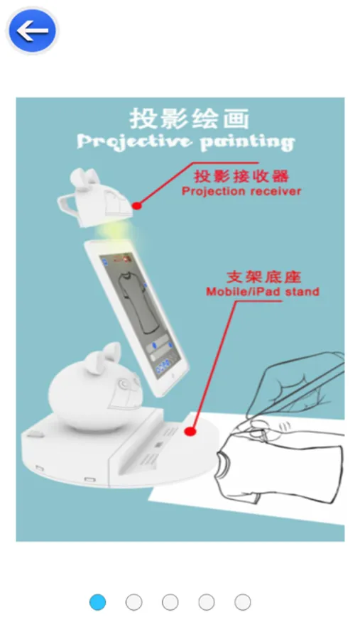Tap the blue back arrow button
[x=32, y=31]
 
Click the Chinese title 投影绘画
[x=189, y=119]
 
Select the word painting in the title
[x=247, y=143]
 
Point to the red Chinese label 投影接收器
[x=241, y=176]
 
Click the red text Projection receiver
[x=241, y=191]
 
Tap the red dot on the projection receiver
[x=137, y=206]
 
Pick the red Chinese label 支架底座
[x=263, y=277]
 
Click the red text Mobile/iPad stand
[x=263, y=292]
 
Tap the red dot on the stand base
[x=190, y=431]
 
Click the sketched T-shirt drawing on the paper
[x=281, y=464]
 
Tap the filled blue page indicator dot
[x=97, y=602]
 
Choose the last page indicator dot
[x=243, y=602]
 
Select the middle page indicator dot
[x=170, y=602]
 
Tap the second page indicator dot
[x=133, y=602]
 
